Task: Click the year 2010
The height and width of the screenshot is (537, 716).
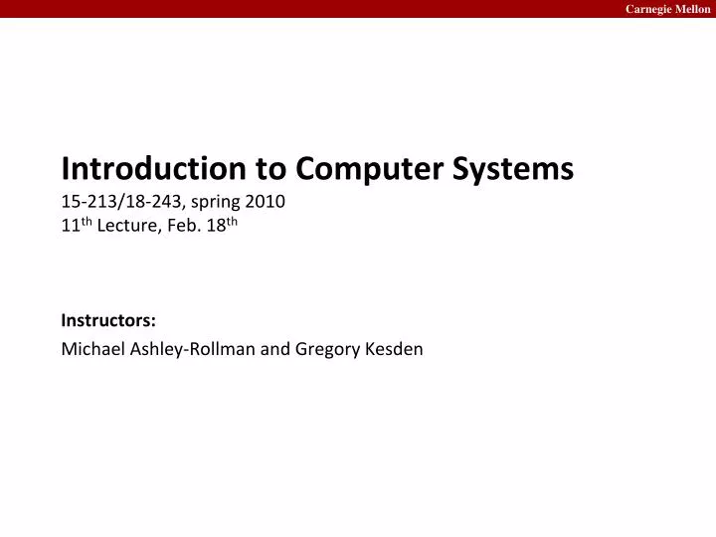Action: point(267,202)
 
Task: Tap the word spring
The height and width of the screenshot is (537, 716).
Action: point(213,202)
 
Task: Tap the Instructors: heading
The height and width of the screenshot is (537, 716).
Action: point(108,320)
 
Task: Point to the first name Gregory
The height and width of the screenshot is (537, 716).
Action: point(328,349)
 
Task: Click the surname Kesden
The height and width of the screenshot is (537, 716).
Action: point(396,349)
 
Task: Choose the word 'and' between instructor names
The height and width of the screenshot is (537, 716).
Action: point(275,349)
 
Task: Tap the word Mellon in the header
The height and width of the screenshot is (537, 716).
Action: point(692,9)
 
